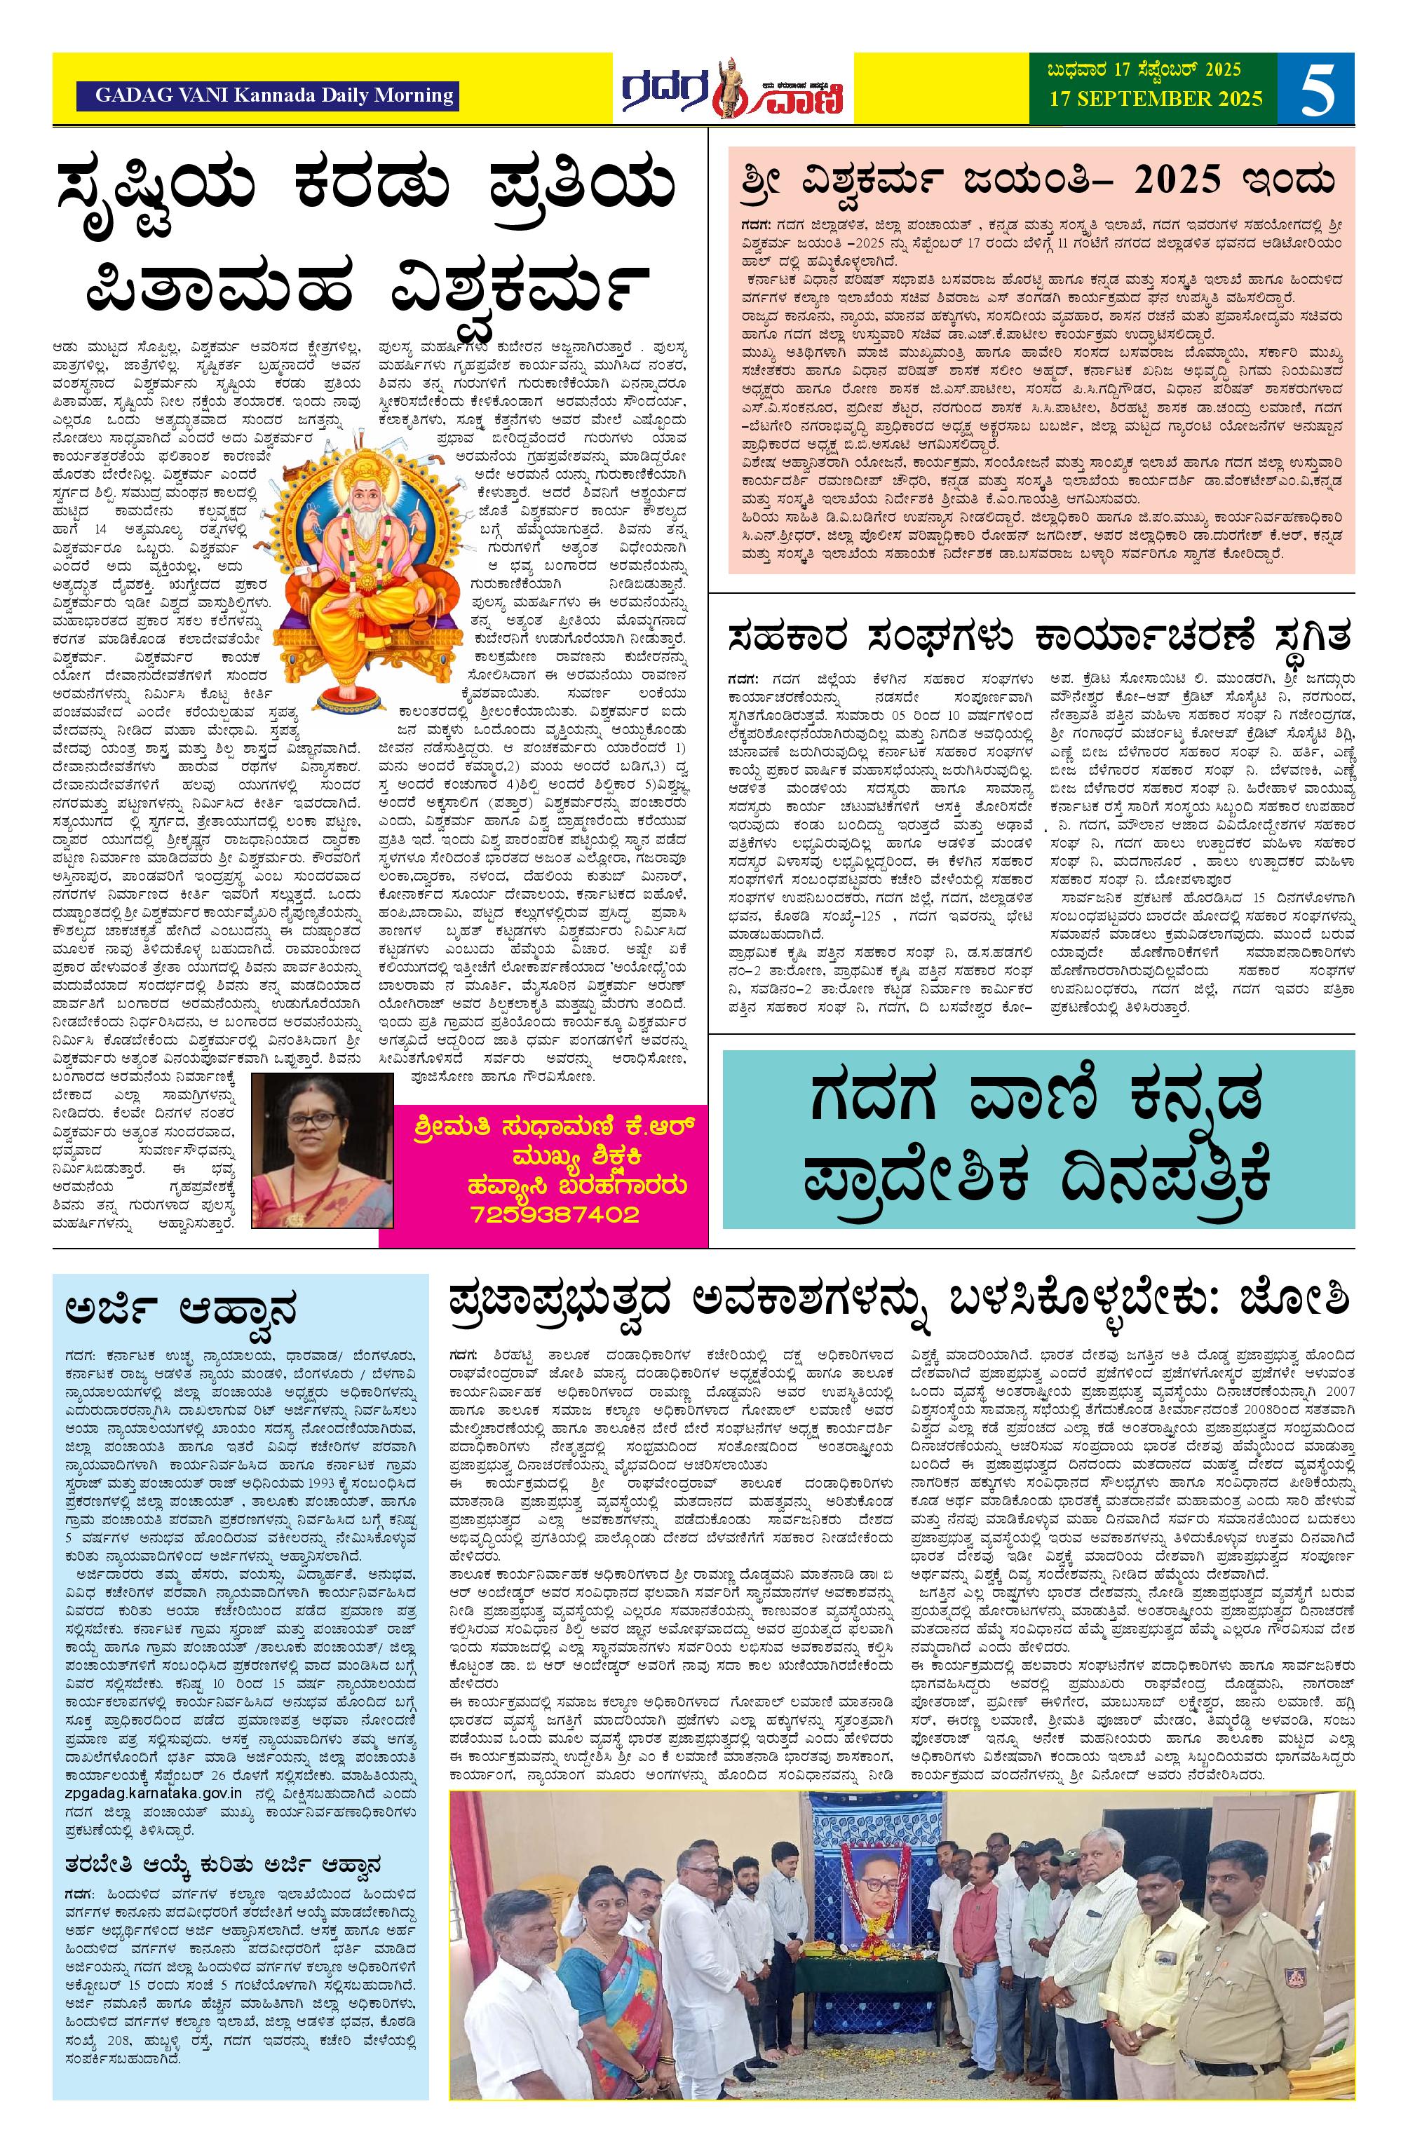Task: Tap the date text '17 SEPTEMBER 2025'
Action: click(x=1156, y=99)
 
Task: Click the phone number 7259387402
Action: click(x=554, y=1214)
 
